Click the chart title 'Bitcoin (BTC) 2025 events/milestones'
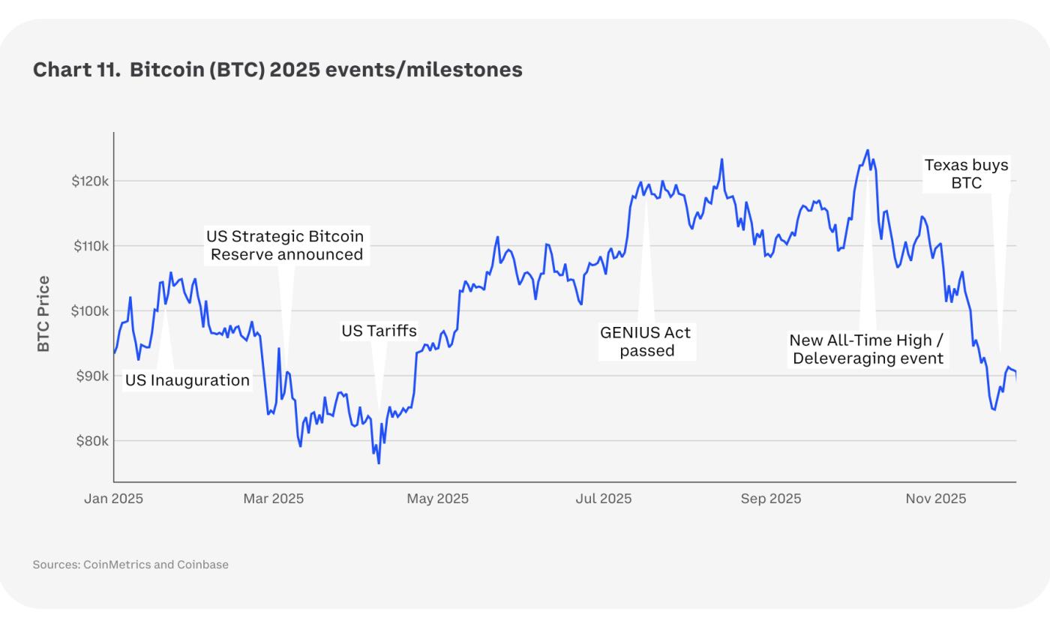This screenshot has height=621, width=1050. pos(325,70)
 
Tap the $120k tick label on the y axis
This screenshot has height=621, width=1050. pos(91,181)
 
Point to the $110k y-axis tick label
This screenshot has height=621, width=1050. pos(91,246)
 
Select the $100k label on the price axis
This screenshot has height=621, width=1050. pos(91,310)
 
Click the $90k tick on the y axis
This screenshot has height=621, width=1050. pos(92,376)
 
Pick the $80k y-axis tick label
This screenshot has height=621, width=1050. pos(92,440)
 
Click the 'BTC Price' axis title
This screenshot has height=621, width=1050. pos(43,313)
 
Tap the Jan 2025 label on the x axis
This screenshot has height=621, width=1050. pos(113,498)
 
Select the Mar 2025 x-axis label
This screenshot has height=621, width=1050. pos(273,498)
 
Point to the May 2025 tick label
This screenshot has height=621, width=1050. pos(437,498)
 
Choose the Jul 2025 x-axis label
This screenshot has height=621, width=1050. pos(603,498)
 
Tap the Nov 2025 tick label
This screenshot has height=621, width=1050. pos(935,498)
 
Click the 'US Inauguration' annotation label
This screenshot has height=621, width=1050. pos(187,380)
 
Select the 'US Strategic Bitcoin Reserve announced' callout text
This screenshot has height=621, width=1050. pos(285,245)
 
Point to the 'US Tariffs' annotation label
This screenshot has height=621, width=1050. pos(379,331)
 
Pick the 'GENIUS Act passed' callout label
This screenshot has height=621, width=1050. pos(646,341)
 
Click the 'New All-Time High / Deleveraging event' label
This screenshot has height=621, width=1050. pos(868,349)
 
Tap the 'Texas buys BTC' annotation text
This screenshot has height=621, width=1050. pos(966,174)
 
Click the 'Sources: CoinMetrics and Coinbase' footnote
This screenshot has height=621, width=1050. pos(130,564)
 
